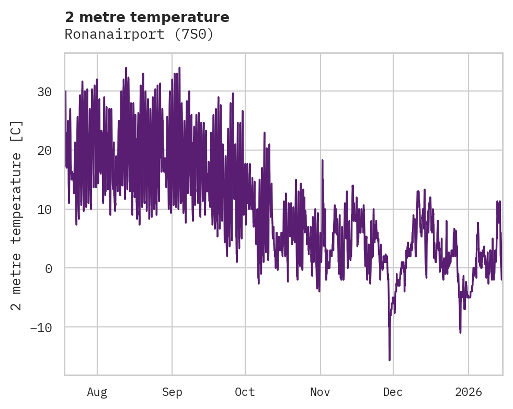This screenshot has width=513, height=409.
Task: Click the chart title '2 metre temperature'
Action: point(147,17)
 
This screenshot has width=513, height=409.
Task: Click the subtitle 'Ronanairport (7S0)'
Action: point(139,35)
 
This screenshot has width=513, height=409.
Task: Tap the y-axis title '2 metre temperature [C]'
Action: point(17,215)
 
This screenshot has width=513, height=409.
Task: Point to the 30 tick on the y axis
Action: point(44,92)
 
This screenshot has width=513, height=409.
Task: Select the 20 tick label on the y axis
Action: point(44,151)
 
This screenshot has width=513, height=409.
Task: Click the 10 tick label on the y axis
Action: point(44,210)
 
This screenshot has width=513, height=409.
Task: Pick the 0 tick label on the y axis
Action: point(48,269)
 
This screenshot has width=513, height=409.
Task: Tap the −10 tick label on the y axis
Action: point(41,328)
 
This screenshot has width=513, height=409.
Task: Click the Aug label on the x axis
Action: point(97,392)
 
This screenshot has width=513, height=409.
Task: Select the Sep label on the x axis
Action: point(172,392)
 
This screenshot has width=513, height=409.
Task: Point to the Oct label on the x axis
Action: point(245,392)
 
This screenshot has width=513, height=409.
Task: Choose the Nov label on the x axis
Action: point(320,392)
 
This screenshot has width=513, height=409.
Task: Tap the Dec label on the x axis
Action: point(393,392)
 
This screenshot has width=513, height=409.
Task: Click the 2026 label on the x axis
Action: point(468,392)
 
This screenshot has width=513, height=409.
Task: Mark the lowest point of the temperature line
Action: point(390,360)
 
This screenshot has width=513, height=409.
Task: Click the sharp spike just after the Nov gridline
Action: point(322,161)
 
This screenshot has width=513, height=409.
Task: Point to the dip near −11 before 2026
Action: point(460,332)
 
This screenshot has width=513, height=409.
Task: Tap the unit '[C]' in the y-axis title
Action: point(17,131)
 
